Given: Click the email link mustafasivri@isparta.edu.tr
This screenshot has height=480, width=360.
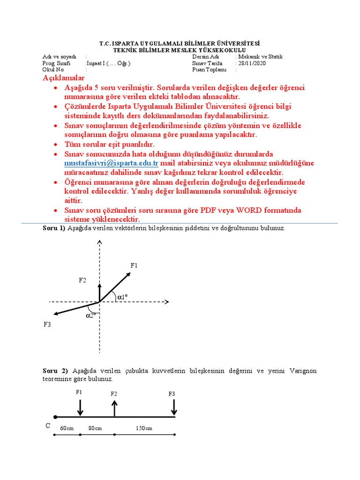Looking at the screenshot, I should pyautogui.click(x=112, y=164).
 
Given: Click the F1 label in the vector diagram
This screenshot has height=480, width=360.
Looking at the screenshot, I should pyautogui.click(x=134, y=265).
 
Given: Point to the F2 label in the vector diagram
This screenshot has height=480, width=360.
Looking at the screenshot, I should pyautogui.click(x=82, y=280).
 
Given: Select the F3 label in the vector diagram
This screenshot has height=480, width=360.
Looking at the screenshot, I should pyautogui.click(x=47, y=324).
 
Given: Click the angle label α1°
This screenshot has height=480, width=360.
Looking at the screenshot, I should pyautogui.click(x=123, y=297).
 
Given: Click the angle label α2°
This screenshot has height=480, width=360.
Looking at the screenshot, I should pyautogui.click(x=91, y=315).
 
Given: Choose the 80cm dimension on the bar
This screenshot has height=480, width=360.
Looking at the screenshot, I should pyautogui.click(x=95, y=428).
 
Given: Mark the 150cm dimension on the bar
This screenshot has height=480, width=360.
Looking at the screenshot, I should pyautogui.click(x=144, y=428).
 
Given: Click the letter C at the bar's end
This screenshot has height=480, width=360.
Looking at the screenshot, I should pyautogui.click(x=48, y=426).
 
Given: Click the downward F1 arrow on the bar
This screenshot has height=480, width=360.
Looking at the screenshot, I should pyautogui.click(x=80, y=407).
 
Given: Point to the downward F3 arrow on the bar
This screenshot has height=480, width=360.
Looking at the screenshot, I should pyautogui.click(x=174, y=407).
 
